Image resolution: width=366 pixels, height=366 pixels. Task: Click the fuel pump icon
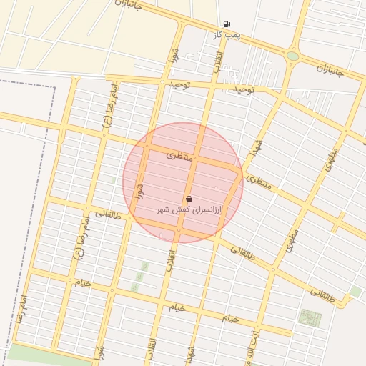point(227,24)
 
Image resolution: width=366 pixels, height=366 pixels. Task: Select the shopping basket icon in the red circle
point(189,199)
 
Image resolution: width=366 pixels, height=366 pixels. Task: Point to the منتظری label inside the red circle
point(180,154)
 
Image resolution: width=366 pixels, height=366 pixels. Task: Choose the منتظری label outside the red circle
point(259,182)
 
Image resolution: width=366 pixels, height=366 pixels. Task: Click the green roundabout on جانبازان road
point(292,56)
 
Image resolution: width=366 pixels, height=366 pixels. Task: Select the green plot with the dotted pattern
point(310,317)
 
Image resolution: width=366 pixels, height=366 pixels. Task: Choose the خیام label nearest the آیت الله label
point(229,317)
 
